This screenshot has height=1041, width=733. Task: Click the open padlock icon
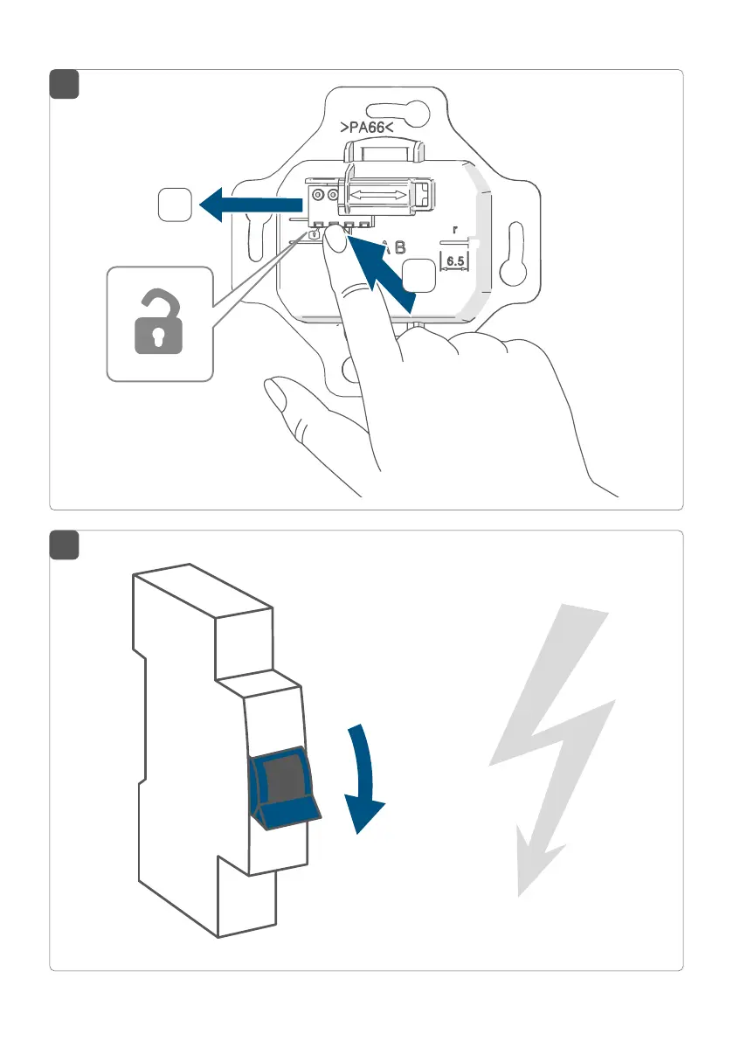tap(160, 324)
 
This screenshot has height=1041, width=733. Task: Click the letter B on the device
tap(399, 247)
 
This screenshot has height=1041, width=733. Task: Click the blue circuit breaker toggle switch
tap(283, 782)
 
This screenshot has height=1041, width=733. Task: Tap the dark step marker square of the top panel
tap(64, 84)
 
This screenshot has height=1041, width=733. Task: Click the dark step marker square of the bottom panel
tap(64, 545)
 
